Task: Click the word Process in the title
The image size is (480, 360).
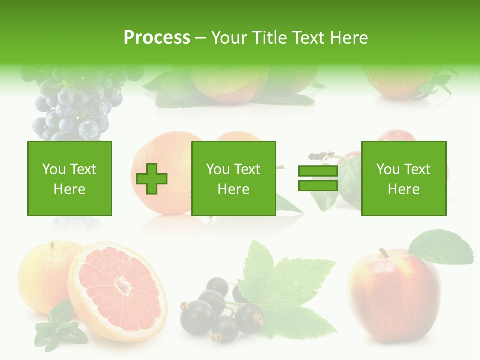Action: (157, 38)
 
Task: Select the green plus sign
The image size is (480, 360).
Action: (152, 178)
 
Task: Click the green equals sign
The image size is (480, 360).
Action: (318, 178)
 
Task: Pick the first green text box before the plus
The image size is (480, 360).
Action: (69, 178)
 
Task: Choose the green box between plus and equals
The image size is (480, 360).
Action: (233, 178)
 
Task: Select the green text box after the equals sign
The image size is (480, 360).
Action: (403, 178)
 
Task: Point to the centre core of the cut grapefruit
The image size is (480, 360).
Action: (122, 285)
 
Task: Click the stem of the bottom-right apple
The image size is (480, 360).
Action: (384, 253)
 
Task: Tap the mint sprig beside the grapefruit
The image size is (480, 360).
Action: (57, 325)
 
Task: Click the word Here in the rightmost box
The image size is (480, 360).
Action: (403, 189)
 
